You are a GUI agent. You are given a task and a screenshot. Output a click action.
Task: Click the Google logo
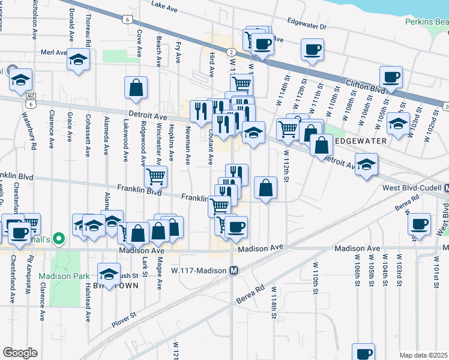click(x=20, y=353)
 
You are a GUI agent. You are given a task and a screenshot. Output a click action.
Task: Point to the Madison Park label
click(x=59, y=277)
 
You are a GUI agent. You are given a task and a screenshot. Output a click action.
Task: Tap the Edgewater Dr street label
click(x=306, y=26)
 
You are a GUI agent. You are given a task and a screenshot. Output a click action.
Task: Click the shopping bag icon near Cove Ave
click(x=136, y=87)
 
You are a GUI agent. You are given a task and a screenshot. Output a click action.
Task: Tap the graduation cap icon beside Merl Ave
click(x=78, y=59)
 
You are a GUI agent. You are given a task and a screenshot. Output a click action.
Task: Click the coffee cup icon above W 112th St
click(x=312, y=50)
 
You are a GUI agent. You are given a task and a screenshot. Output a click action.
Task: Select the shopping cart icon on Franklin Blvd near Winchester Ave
click(x=156, y=176)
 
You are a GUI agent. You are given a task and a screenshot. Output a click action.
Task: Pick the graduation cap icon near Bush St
click(x=109, y=274)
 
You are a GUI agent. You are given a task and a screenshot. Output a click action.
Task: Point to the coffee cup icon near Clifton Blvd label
click(x=391, y=77)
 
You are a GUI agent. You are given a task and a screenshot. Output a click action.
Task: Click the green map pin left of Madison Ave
click(x=58, y=239)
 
